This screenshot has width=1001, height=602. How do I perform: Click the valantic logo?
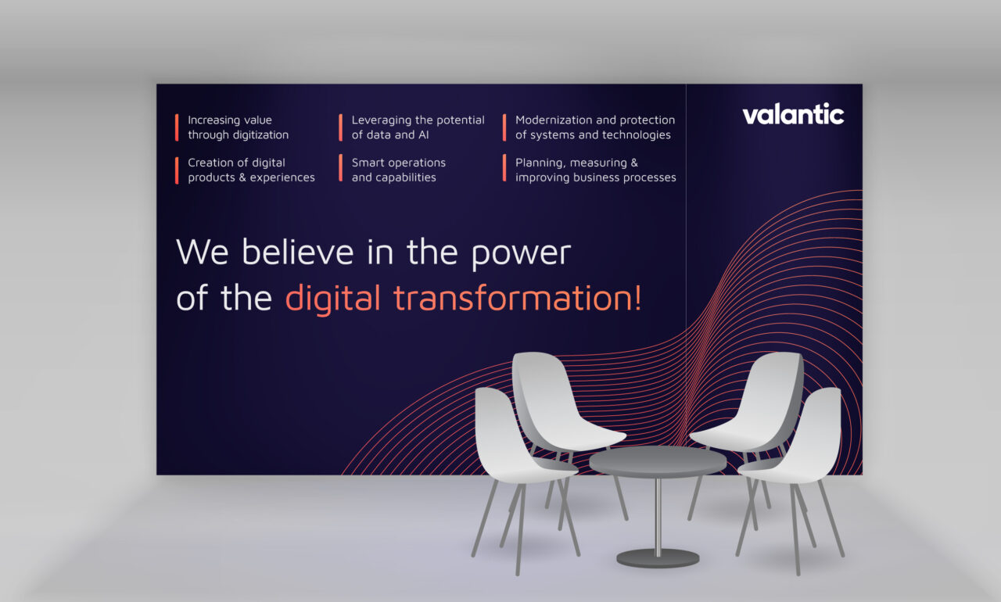point(793,114)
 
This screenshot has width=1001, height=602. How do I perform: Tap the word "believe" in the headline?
point(298,252)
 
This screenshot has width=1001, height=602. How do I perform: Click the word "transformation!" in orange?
point(518,298)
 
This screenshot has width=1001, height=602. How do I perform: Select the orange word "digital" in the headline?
point(333,299)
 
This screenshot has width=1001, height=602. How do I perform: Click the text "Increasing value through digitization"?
point(239,127)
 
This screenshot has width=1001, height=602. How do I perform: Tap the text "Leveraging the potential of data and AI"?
point(418,127)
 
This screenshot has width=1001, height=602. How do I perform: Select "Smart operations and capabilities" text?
point(399,170)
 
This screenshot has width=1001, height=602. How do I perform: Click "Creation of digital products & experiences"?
point(251,170)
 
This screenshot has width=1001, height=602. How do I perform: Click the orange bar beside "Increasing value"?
point(177,127)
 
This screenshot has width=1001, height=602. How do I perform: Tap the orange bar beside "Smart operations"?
point(340,168)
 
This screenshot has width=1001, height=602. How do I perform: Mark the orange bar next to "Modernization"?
point(504,127)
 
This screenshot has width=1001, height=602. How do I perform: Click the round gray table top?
point(658,461)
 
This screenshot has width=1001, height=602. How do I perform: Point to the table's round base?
point(658,558)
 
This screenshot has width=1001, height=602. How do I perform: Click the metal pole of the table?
point(658,517)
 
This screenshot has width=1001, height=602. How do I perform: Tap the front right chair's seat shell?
point(795,439)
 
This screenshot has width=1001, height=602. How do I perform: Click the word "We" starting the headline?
point(203,252)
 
